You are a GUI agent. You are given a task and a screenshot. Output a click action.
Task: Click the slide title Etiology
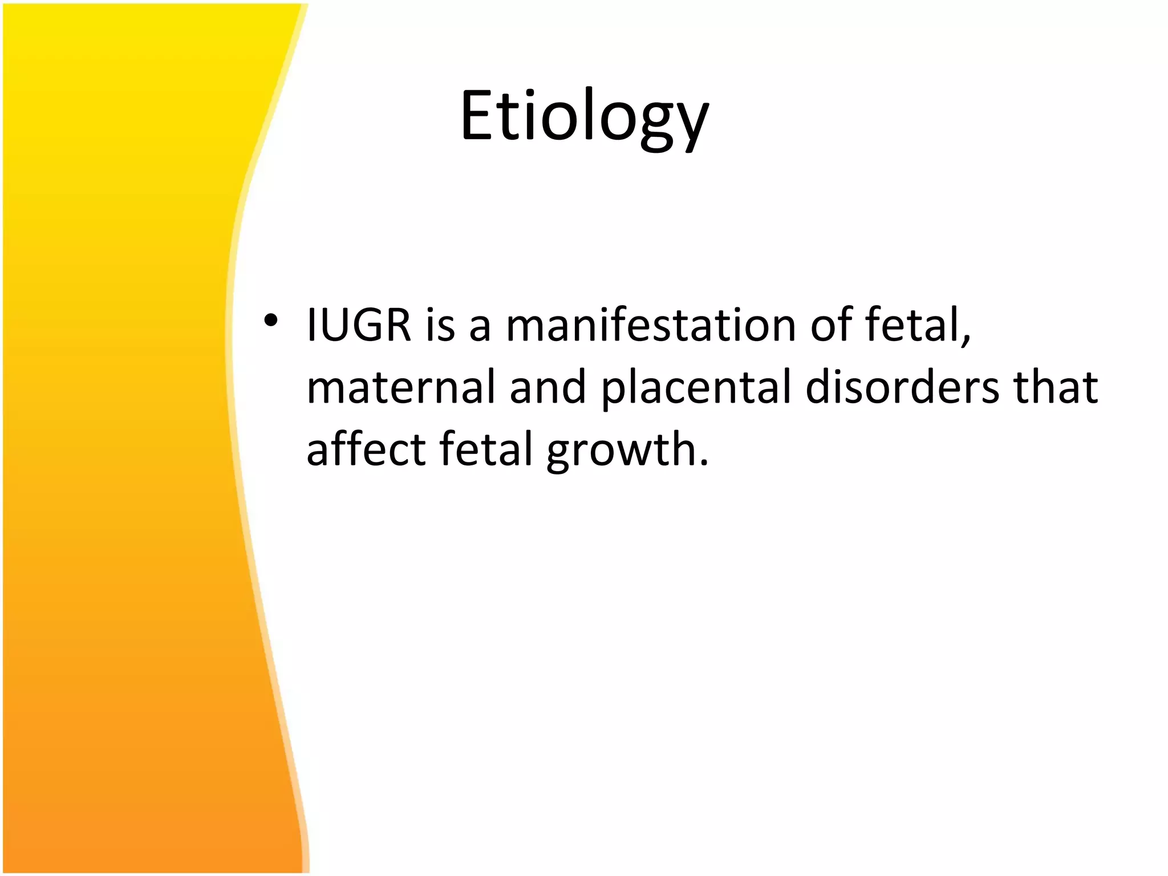(584, 117)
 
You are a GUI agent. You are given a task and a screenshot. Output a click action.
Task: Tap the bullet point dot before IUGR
(271, 321)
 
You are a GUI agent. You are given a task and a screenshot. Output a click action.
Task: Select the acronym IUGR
(358, 325)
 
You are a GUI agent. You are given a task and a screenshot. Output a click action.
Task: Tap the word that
(1055, 387)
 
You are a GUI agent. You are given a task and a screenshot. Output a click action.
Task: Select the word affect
(366, 449)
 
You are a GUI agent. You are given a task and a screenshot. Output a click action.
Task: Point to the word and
(547, 387)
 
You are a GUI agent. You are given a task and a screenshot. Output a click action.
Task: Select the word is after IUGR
(440, 325)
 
